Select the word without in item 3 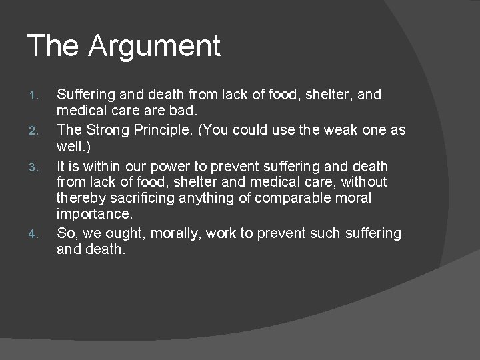pos(363,181)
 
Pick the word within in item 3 pos(96,165)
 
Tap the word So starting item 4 pos(65,233)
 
